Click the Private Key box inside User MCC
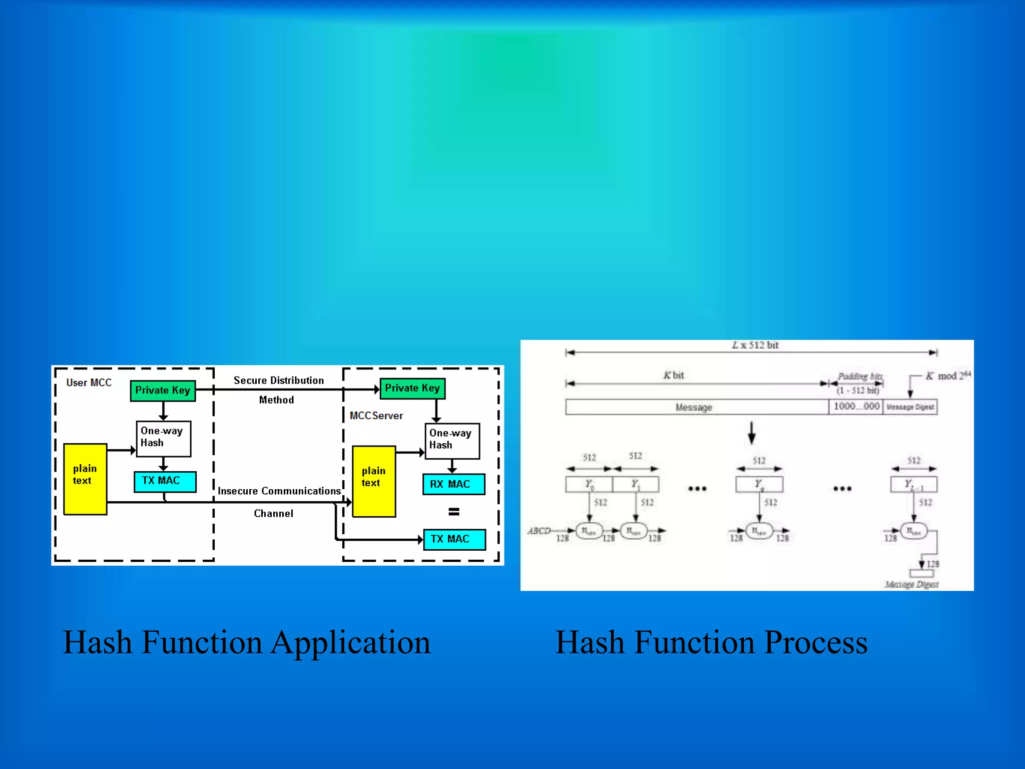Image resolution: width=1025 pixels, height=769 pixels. tap(163, 391)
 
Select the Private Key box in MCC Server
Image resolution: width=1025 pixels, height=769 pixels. tap(412, 389)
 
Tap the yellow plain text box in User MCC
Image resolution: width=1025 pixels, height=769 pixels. tap(85, 479)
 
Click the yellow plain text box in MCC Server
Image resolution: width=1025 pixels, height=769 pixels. tap(374, 481)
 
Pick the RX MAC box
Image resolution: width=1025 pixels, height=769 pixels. tap(453, 484)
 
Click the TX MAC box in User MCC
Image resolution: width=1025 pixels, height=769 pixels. tap(165, 481)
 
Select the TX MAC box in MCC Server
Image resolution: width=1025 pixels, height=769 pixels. tap(454, 539)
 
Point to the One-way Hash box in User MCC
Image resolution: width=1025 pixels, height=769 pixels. tap(163, 439)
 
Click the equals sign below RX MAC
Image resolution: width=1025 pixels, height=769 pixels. tap(453, 512)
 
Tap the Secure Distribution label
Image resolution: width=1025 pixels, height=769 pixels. tap(279, 380)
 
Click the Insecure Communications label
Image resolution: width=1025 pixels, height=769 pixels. tap(279, 491)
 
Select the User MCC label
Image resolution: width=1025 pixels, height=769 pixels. tap(89, 383)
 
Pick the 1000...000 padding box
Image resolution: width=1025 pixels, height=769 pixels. tap(856, 407)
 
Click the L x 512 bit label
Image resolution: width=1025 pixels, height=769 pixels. tap(755, 345)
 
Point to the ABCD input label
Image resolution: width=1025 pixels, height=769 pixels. tap(539, 531)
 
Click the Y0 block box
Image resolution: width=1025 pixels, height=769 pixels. tap(589, 485)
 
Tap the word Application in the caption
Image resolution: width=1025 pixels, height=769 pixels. tap(350, 643)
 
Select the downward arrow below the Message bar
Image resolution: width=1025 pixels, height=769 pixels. tap(751, 433)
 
